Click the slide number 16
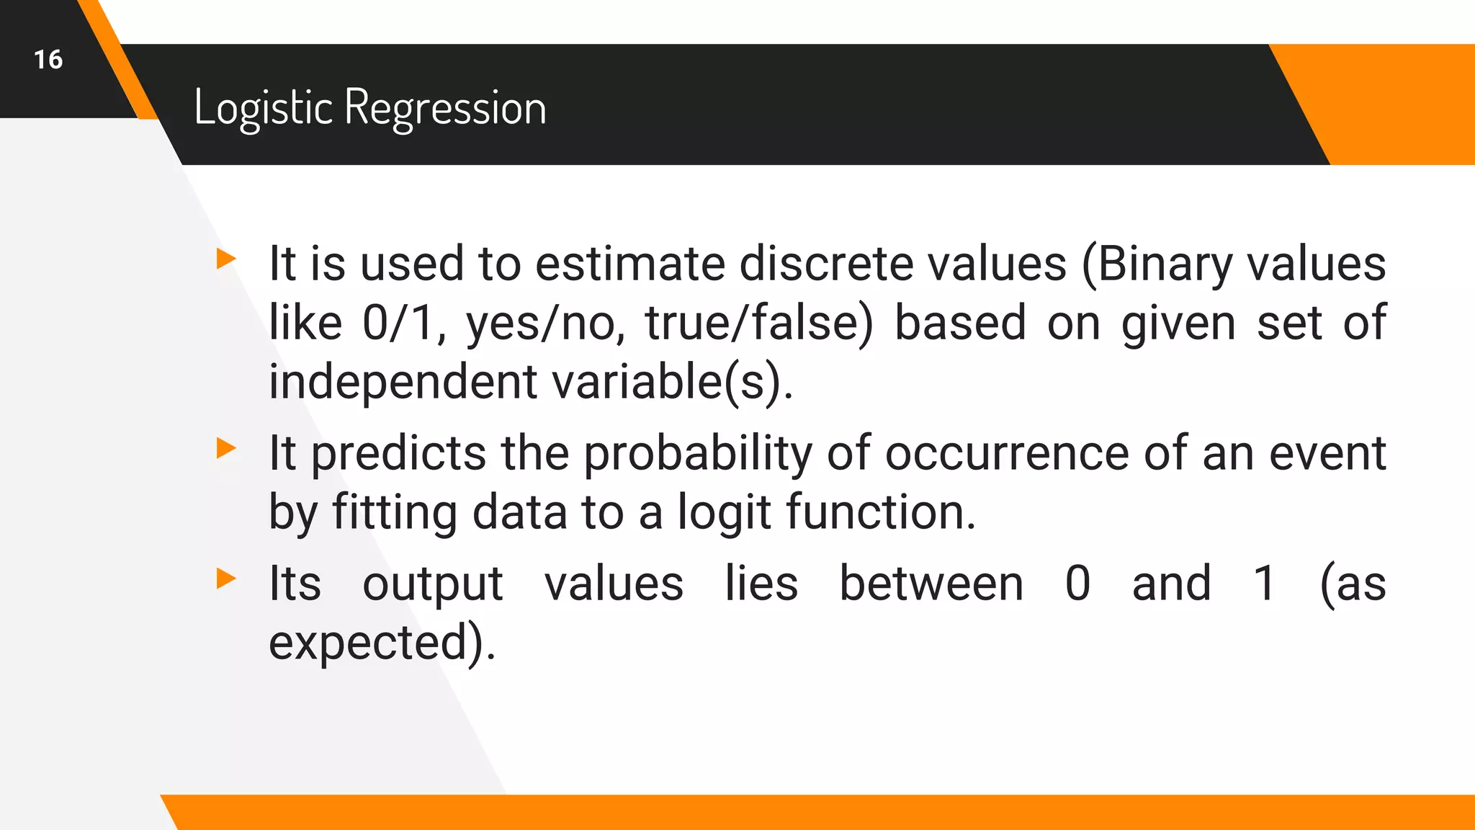[48, 59]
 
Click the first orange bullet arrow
[226, 259]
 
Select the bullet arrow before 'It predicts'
[226, 448]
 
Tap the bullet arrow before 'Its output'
[226, 578]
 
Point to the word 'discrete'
[826, 263]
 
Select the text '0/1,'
[404, 323]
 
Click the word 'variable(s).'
[673, 382]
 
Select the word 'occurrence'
[1006, 454]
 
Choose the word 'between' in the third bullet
[931, 584]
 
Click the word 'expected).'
[382, 643]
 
